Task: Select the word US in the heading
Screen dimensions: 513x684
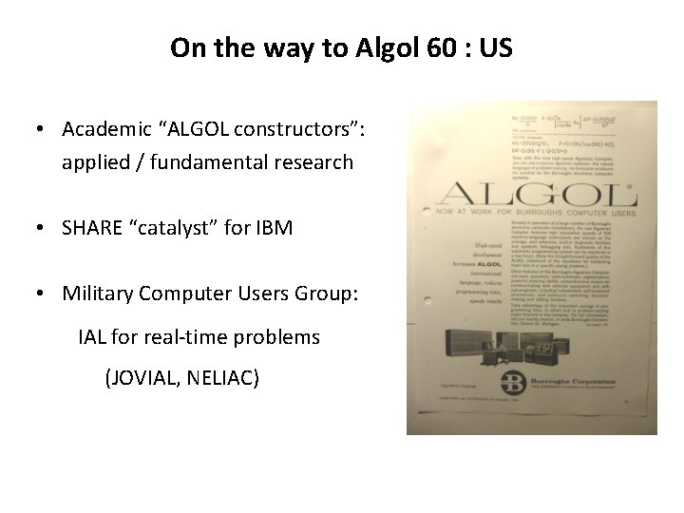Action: point(497,48)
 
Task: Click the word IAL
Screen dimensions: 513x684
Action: point(94,337)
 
